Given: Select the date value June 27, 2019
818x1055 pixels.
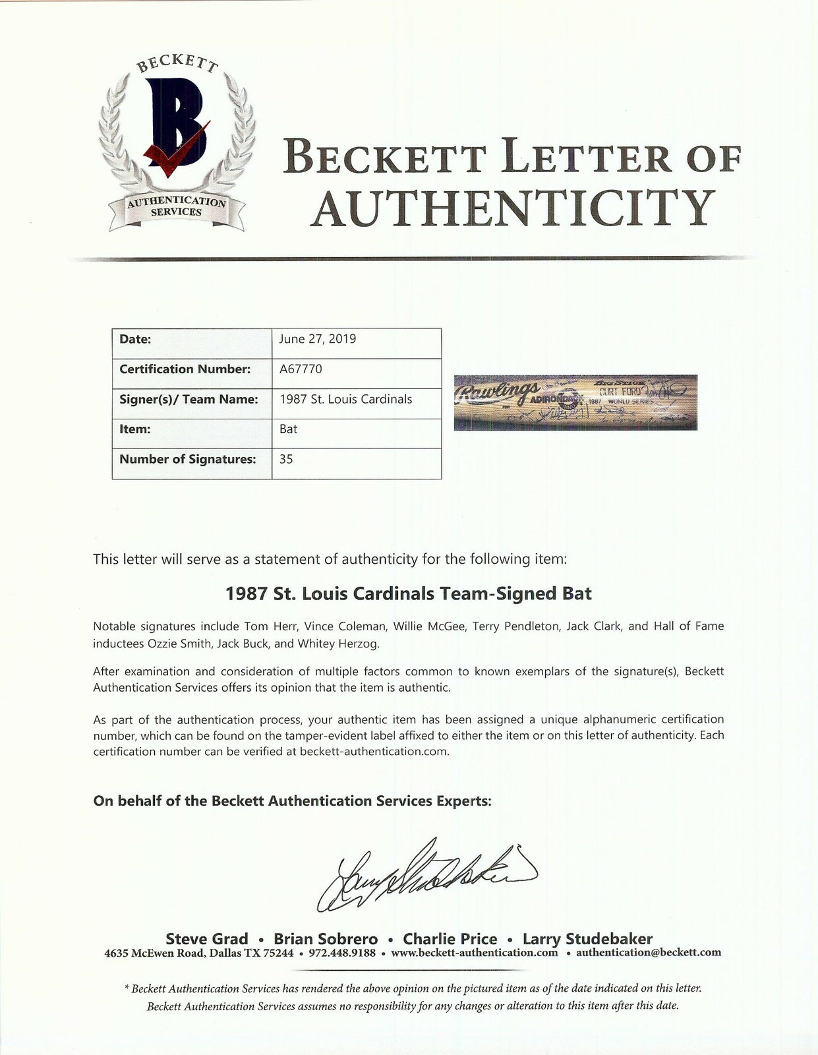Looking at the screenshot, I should point(318,339).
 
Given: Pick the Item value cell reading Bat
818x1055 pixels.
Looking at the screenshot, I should point(289,429).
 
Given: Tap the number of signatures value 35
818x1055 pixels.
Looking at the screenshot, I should point(286,459).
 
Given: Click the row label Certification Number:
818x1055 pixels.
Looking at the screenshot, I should point(185,369).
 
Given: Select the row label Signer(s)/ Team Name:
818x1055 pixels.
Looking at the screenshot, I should point(187,399).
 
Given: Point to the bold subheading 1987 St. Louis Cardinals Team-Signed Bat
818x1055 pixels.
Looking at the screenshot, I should point(408,593).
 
